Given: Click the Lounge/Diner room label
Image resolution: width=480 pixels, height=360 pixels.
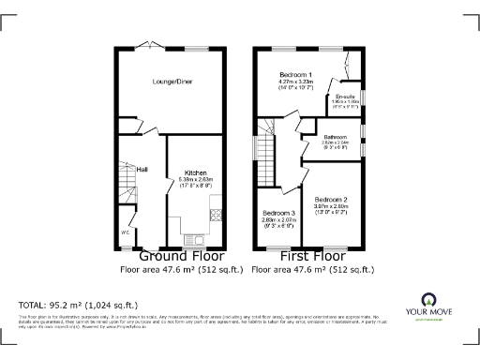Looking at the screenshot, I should [172, 82].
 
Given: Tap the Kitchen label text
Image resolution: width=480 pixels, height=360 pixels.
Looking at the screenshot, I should [195, 173].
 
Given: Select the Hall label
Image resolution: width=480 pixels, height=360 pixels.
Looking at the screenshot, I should [142, 170].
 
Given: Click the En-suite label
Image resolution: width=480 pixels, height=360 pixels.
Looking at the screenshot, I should [345, 97].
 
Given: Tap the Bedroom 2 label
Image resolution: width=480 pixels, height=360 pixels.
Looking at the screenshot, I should [331, 200].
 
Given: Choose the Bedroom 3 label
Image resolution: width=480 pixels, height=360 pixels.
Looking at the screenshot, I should [278, 214].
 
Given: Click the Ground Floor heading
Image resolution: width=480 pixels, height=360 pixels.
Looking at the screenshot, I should [181, 256].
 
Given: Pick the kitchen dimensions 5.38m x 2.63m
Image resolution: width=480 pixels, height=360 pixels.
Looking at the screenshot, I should [195, 181].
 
